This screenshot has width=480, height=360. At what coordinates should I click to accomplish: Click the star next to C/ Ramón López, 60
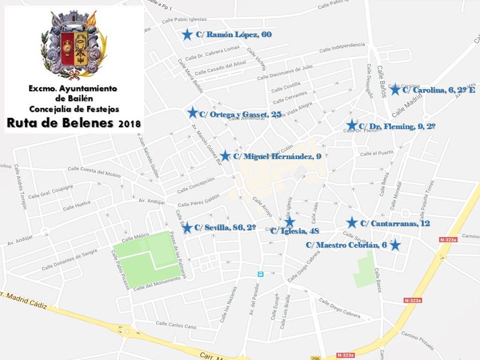[187, 34]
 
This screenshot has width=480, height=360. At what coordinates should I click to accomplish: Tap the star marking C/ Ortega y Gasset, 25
[192, 112]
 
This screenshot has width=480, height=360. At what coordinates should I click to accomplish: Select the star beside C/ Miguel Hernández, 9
[225, 155]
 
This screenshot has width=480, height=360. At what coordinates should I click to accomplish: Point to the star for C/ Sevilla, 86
[187, 228]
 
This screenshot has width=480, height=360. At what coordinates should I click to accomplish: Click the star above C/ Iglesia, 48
[289, 221]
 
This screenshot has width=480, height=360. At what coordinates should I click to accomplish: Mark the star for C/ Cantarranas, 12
[352, 223]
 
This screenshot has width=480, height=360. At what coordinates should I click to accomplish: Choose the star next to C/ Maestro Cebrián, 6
[395, 245]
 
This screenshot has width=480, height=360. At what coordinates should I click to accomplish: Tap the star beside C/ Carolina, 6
[395, 89]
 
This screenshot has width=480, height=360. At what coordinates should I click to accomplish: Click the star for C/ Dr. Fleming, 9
[352, 125]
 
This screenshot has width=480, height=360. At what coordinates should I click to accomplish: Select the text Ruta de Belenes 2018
[73, 123]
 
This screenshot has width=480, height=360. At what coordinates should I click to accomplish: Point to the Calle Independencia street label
[342, 47]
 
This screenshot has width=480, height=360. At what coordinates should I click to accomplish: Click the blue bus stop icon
[260, 274]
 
